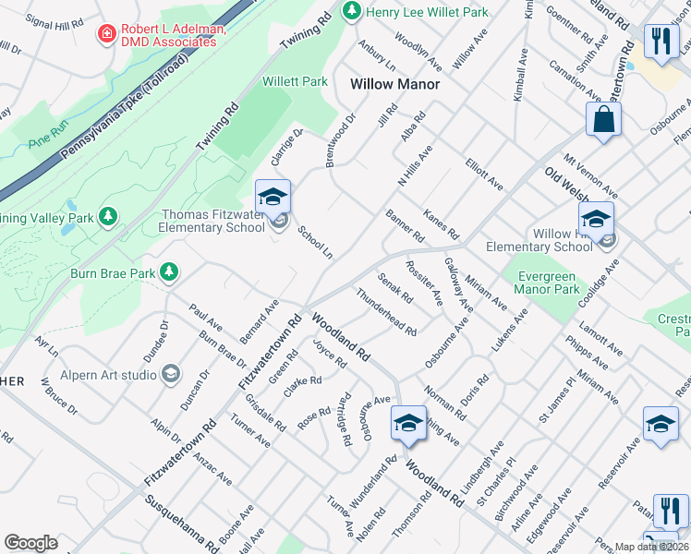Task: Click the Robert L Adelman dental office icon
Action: click(x=108, y=34)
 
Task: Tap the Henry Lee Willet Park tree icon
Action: click(x=351, y=11)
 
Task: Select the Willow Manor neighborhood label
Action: click(x=394, y=84)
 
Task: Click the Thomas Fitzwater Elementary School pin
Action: click(x=273, y=198)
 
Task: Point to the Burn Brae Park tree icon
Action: click(x=168, y=271)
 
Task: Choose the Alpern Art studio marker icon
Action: click(x=170, y=374)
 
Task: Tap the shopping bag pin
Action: click(x=603, y=120)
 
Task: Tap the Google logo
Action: click(x=30, y=543)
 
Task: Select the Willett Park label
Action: click(x=295, y=81)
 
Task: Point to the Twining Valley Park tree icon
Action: click(x=109, y=216)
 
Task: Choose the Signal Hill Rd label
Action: click(x=55, y=23)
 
